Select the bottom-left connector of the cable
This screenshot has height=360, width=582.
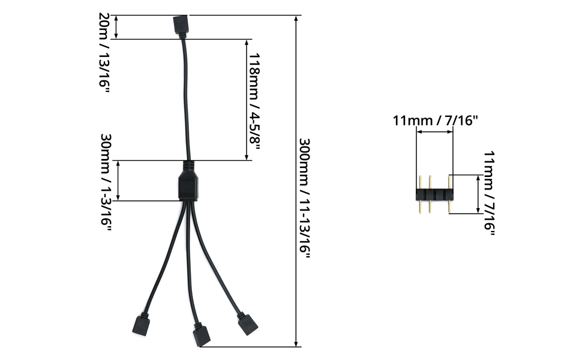click(141, 325)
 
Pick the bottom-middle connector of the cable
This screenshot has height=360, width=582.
click(202, 334)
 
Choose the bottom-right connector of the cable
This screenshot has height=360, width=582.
click(248, 324)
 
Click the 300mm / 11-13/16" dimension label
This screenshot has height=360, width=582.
click(305, 198)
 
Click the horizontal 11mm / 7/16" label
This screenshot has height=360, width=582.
click(436, 121)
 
